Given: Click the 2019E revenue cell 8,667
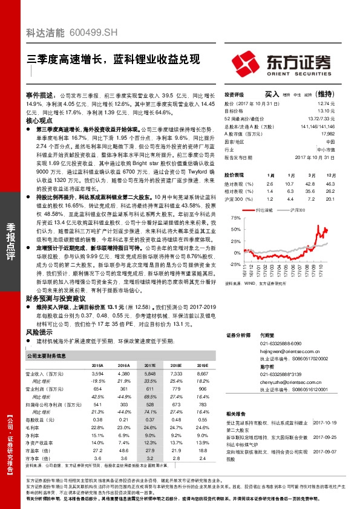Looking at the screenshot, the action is pyautogui.click(x=202, y=375).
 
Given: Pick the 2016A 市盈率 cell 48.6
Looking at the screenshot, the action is pyautogui.click(x=123, y=450).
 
